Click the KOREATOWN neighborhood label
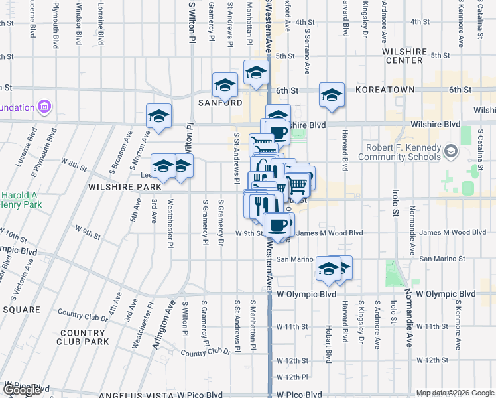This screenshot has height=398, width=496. click(x=385, y=90)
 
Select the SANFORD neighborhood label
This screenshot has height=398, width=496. click(x=220, y=103)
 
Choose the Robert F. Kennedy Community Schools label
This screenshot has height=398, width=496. click(x=399, y=152)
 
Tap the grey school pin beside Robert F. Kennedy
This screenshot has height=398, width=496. click(x=451, y=152)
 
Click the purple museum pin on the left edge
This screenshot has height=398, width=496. click(x=44, y=106)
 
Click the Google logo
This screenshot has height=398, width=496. click(x=22, y=390)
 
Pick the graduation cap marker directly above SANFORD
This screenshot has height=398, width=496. click(x=225, y=85)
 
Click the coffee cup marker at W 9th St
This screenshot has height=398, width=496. click(x=279, y=224)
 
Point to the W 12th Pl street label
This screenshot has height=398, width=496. click(x=293, y=377)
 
